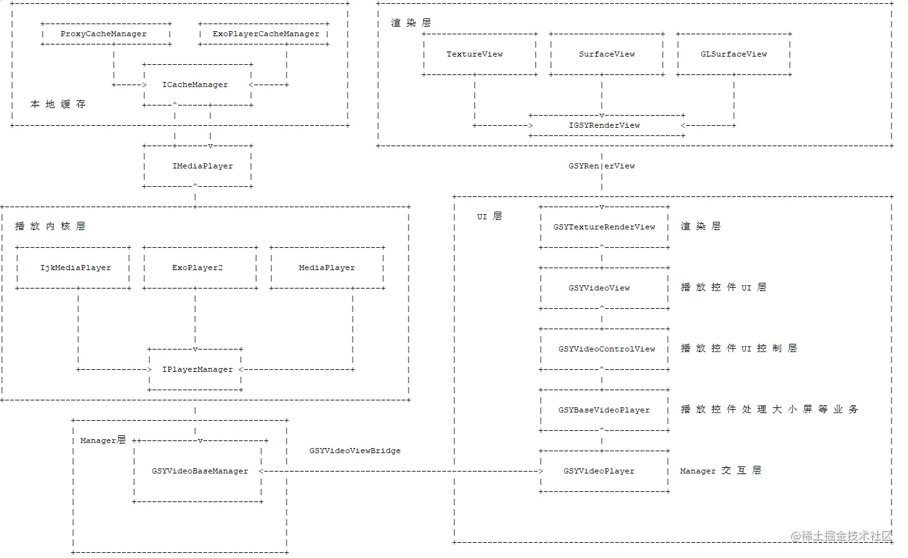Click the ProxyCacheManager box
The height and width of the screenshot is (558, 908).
click(104, 34)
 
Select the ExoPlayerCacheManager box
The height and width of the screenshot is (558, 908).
click(266, 34)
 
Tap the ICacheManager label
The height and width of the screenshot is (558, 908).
click(195, 85)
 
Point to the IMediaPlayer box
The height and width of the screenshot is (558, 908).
click(202, 166)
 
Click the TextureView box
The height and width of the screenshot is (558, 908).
click(475, 55)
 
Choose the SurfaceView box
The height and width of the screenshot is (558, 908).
click(607, 55)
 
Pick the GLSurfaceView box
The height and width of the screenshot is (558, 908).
click(734, 55)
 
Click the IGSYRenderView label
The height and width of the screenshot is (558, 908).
click(604, 125)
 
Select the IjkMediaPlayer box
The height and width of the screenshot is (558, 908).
click(75, 268)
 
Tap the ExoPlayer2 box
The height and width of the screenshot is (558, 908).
click(197, 268)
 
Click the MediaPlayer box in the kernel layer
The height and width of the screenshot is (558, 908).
click(327, 268)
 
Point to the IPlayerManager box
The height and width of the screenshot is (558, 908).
click(197, 369)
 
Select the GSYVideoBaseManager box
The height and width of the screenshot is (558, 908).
click(200, 471)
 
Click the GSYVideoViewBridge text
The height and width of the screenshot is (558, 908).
click(355, 451)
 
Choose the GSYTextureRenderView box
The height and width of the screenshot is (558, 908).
click(604, 227)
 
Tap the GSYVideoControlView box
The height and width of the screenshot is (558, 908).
click(606, 349)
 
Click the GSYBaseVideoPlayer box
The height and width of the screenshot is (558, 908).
click(604, 410)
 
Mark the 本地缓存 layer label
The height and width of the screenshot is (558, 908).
click(58, 104)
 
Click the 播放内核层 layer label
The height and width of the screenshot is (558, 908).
click(50, 226)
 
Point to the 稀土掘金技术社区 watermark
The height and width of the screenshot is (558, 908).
click(841, 536)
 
